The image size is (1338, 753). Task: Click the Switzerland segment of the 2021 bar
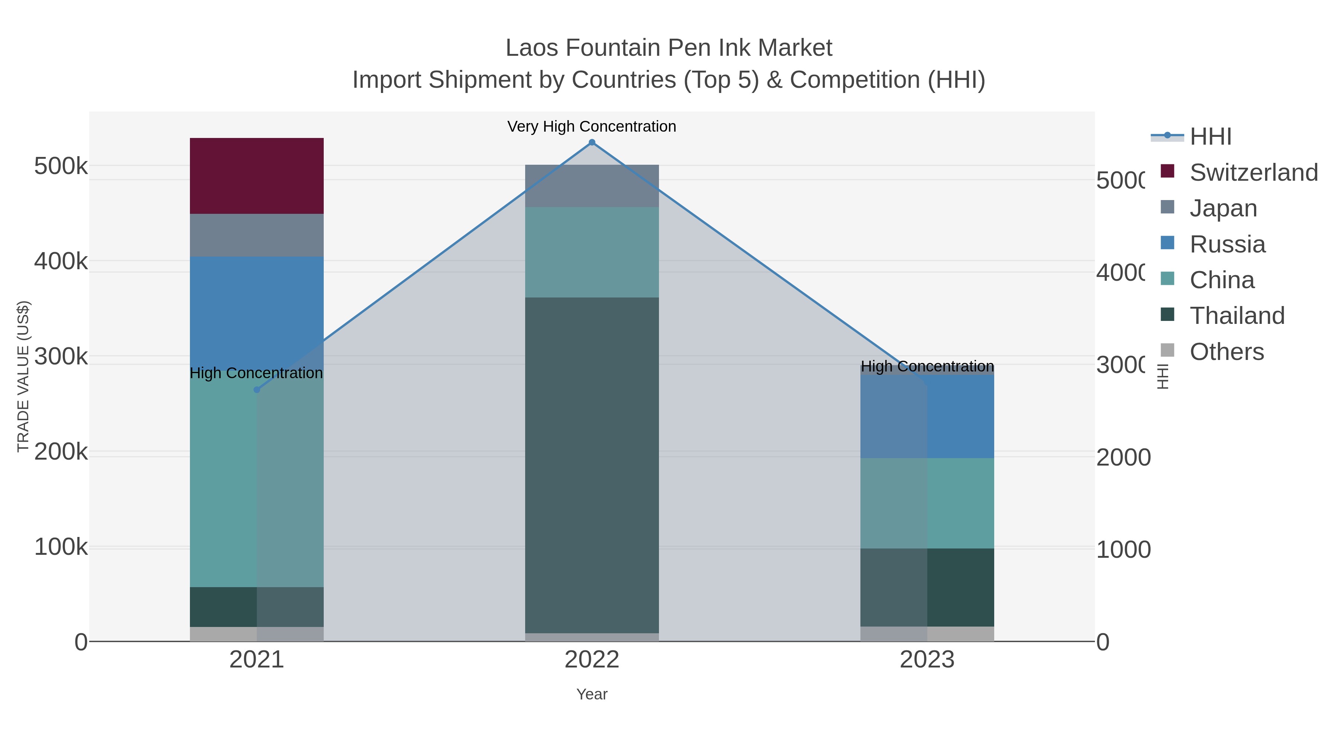tap(256, 176)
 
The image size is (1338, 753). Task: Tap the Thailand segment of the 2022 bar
tap(592, 465)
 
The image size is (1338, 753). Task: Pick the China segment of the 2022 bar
tap(592, 252)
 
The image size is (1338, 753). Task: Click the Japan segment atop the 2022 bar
tap(592, 186)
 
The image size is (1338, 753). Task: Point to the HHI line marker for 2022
tap(592, 142)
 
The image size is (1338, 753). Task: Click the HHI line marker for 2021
tap(256, 390)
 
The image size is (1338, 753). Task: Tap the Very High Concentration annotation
tap(592, 126)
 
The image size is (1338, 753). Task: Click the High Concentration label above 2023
tap(927, 366)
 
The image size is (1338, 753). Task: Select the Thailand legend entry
tap(1236, 316)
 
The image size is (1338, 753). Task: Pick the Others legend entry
tap(1226, 352)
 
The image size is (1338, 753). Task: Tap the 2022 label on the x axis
tap(592, 660)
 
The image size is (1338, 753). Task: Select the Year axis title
tap(592, 694)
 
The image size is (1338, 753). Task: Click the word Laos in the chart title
tap(531, 48)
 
